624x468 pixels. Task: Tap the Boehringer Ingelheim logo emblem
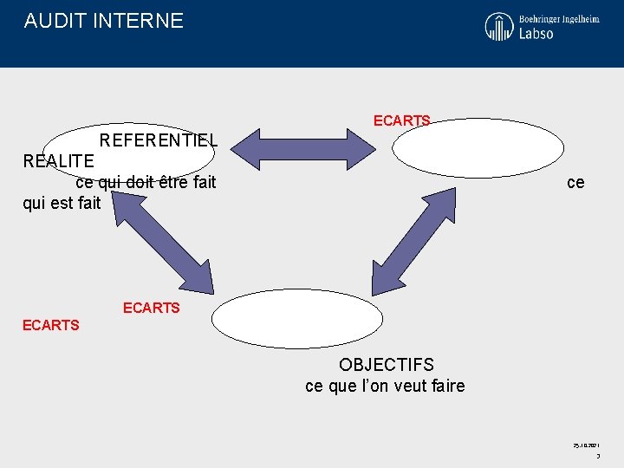pos(498,26)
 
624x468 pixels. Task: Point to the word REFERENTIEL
pos(159,140)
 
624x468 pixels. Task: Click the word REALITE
pos(58,160)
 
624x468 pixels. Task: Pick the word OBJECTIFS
pos(386,365)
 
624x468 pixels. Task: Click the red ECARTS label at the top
pos(401,121)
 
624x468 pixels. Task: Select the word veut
pos(408,386)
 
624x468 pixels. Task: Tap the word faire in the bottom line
pos(448,386)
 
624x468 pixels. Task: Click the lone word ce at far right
pos(575,182)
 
